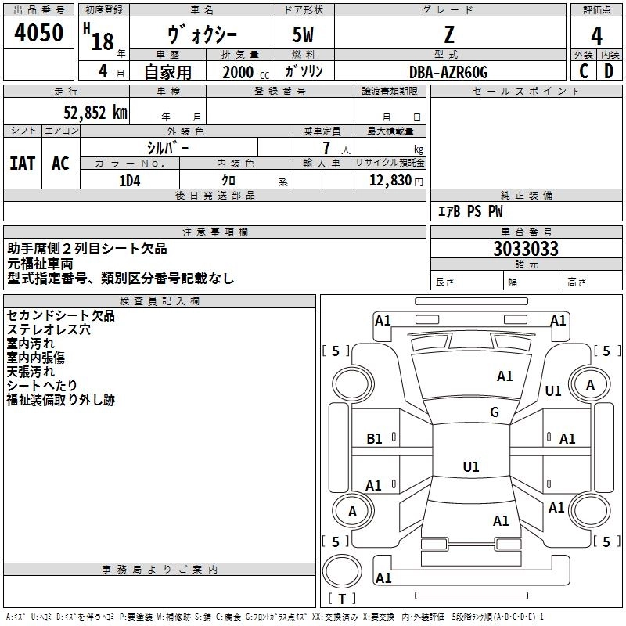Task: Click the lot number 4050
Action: click(x=39, y=34)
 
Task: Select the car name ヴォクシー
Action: click(x=202, y=35)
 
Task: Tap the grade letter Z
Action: click(x=448, y=34)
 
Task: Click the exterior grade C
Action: click(x=584, y=71)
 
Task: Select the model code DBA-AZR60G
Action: click(x=448, y=72)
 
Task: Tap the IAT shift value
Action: click(x=23, y=164)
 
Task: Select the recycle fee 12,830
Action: click(x=394, y=180)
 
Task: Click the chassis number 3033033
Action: click(x=526, y=249)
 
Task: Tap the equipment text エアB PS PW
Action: click(x=469, y=211)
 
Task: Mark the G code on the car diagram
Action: click(x=495, y=412)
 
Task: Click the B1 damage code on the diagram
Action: click(x=375, y=439)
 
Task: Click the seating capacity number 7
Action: click(x=323, y=148)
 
